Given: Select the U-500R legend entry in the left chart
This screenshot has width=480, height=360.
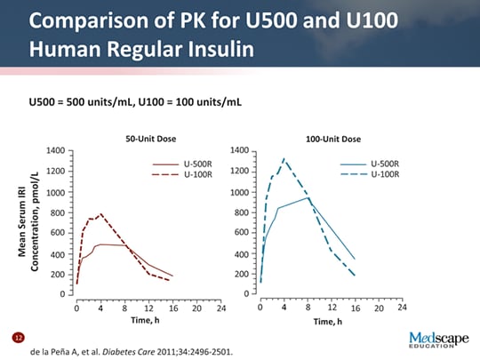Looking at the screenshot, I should click(x=196, y=164).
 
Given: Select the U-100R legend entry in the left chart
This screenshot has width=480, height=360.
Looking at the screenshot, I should click(x=196, y=174).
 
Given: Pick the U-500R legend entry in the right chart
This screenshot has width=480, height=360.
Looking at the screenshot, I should click(x=384, y=164).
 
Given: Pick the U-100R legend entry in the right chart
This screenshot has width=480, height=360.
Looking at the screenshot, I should click(x=384, y=174).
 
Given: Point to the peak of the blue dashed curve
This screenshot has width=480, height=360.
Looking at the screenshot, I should click(x=284, y=159).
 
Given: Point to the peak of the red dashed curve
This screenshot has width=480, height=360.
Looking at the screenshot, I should click(x=100, y=214).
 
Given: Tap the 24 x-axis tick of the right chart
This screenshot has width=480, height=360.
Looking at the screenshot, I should click(x=401, y=308).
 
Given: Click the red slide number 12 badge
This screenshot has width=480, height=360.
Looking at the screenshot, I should click(x=15, y=339).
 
